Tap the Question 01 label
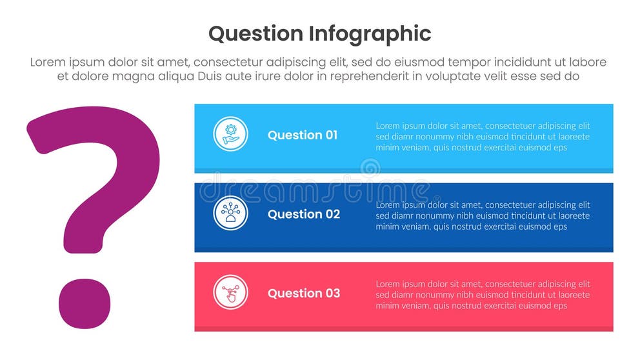pos(302,135)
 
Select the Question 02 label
pos(303,214)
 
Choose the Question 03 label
pos(303,294)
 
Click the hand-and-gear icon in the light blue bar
pos(230,134)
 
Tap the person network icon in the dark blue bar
pos(230,214)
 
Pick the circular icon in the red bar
pos(230,293)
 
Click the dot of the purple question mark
pos(85,304)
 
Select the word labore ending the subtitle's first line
pos(588,63)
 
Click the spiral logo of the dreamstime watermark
pos(370,169)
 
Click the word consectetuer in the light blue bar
pos(512,126)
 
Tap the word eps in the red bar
pos(560,306)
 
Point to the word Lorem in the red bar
pos(388,284)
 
